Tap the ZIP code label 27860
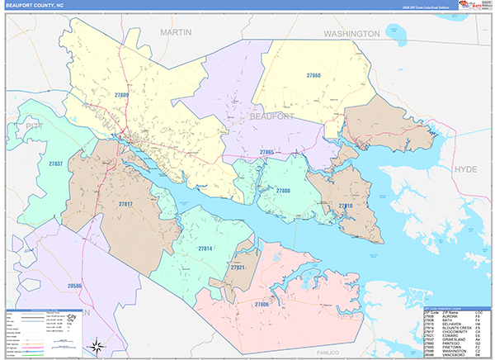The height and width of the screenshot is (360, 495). (313, 76)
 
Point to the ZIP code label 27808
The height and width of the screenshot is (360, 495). (283, 191)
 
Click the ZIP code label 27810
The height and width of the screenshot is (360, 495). (345, 206)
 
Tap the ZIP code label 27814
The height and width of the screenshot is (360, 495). (205, 248)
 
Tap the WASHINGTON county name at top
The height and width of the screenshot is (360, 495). (351, 34)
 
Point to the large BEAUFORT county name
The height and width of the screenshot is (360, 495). (271, 118)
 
